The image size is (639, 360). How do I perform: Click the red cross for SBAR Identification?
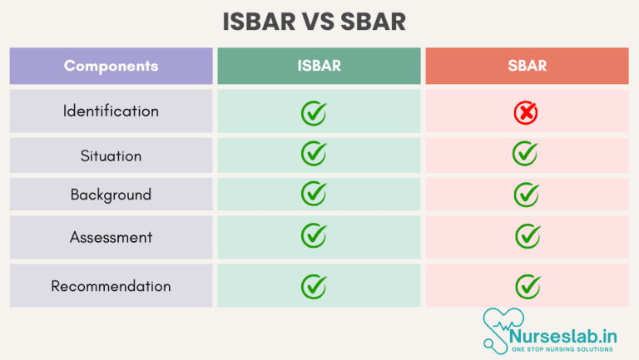coord(526,112)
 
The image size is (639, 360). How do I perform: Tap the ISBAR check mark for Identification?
coord(314,113)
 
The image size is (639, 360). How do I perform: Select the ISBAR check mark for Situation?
coord(314,153)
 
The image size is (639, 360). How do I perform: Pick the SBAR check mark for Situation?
coord(525,153)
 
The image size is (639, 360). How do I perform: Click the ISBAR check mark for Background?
coord(314,194)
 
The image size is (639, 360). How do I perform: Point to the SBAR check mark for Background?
coord(527,195)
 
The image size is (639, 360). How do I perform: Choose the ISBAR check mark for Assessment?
coord(314,235)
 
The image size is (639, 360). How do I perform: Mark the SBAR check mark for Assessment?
coord(528,236)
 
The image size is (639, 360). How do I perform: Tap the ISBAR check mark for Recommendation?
coord(314,286)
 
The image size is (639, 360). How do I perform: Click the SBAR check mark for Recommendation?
coord(528,286)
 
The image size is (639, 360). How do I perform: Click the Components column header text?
coord(111,66)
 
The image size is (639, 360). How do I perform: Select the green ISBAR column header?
coord(319,66)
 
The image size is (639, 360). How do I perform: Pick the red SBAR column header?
coord(527,66)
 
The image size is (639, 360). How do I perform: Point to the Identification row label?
coord(111,111)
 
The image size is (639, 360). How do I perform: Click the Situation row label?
coord(111,155)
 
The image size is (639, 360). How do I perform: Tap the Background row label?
coord(111,195)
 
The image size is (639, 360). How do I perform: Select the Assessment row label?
coord(111,237)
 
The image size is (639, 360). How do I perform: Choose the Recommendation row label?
coord(111,286)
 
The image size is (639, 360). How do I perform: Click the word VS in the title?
coord(318,22)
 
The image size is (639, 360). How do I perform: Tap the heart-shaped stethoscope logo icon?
coord(502,331)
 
